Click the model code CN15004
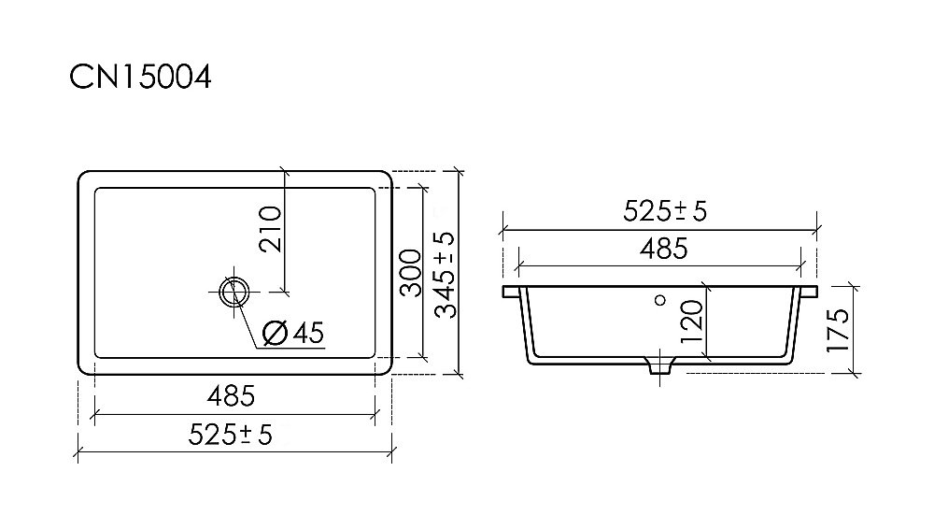tap(141, 78)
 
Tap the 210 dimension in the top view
tap(271, 228)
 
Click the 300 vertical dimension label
tap(410, 273)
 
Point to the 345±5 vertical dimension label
tap(445, 275)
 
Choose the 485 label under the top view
tap(231, 396)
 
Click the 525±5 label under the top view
tap(230, 435)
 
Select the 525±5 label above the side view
tap(665, 211)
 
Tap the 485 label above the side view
tap(663, 249)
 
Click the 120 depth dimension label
tap(691, 322)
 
